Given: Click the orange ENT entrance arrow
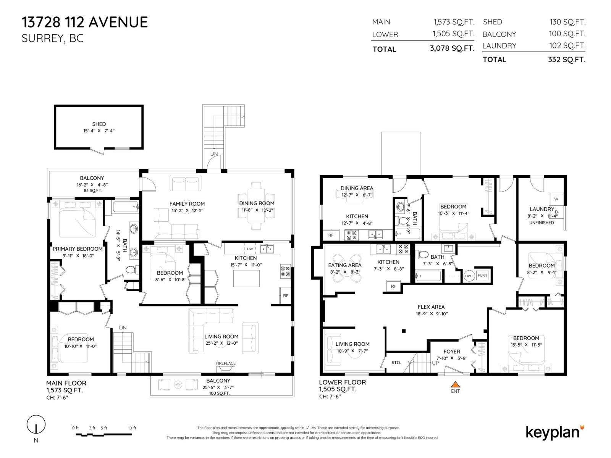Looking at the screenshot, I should pos(455,384).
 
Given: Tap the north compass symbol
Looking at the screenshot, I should pos(36,424).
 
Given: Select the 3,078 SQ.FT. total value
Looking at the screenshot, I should pos(452,49).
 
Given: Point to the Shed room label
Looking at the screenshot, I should pos(99,124).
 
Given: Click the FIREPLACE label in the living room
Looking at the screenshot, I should pos(225,363).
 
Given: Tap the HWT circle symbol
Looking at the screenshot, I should pos(469,276).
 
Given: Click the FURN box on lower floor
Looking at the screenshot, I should pos(482,276).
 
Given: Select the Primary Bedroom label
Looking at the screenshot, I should pos(78,249).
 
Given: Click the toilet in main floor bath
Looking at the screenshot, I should pos(131,270).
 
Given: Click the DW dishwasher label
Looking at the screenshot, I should pos(250,249).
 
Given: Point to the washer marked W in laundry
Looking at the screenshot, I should pos(556,199).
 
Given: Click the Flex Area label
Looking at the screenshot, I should pos(431,307).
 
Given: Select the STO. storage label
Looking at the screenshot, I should pos(396,363).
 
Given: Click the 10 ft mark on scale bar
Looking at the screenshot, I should pos(132,428).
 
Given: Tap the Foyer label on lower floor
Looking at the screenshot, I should pos(452,352).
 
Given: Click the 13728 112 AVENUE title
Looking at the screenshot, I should pos(85,22).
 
